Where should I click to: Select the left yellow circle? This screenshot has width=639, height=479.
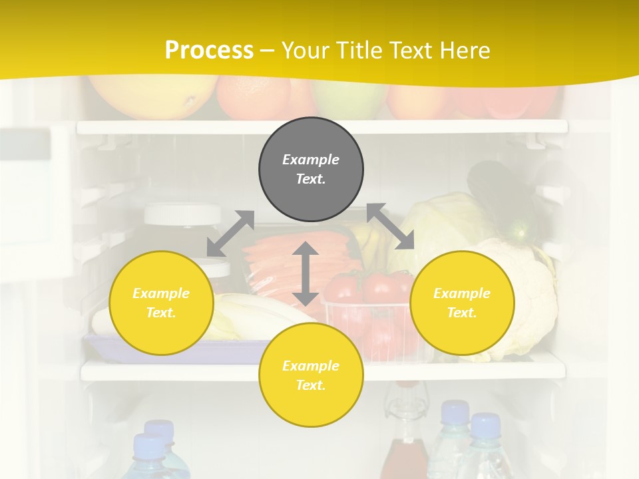coord(161,303)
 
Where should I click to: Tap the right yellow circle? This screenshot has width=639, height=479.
coord(462,303)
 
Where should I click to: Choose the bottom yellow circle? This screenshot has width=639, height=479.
coord(311,375)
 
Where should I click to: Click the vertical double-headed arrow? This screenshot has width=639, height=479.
coord(306,273)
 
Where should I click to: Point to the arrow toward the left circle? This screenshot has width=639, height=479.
coord(230,234)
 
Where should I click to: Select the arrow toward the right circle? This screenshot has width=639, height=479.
coord(391,226)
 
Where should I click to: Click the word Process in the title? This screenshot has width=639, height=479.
coord(209,50)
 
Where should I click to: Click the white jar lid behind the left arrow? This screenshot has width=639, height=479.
coord(182,214)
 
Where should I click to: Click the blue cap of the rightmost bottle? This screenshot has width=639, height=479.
coord(485,424)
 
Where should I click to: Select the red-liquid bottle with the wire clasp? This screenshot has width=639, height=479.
coord(404,439)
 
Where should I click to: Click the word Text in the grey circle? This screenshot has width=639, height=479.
coord(310,179)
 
